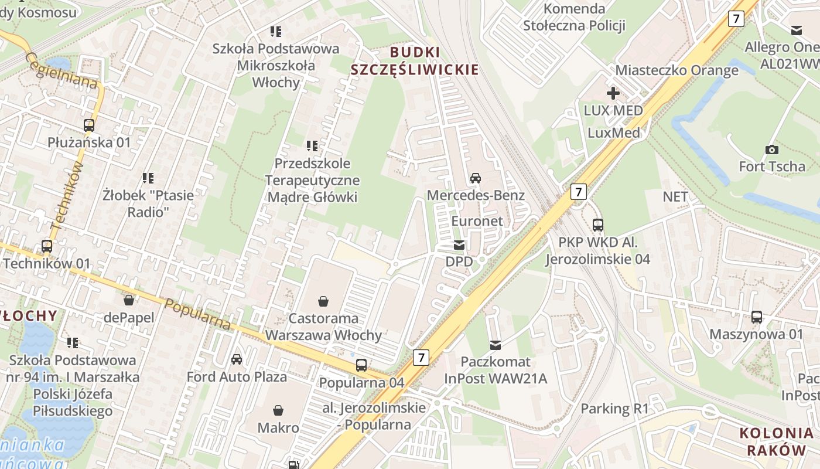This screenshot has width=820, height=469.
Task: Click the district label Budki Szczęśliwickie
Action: [415, 60]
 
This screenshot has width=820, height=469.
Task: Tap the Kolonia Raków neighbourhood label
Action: [776, 441]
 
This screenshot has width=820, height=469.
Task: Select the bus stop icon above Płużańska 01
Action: [89, 125]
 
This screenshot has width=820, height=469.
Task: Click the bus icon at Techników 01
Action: [47, 246]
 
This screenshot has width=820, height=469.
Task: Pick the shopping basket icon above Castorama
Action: [323, 301]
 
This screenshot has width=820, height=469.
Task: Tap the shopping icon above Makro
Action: [278, 410]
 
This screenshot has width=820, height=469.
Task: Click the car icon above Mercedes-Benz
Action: [475, 178]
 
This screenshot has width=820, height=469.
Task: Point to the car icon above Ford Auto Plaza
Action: [237, 359]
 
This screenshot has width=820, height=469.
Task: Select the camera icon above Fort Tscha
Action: [771, 149]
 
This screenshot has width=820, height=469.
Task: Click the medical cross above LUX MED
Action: [613, 93]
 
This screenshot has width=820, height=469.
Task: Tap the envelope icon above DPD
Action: [459, 245]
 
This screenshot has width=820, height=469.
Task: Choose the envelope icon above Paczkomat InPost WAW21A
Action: [496, 344]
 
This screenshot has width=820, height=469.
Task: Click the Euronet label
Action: [477, 221]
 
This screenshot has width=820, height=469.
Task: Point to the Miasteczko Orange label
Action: [676, 71]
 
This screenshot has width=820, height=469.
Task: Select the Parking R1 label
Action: [614, 409]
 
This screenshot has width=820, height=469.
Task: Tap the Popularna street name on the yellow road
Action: [198, 314]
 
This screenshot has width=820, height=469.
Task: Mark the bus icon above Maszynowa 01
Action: [757, 317]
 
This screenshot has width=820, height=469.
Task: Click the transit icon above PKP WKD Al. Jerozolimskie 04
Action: [598, 225]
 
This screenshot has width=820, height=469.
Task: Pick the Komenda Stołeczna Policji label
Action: [574, 17]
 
